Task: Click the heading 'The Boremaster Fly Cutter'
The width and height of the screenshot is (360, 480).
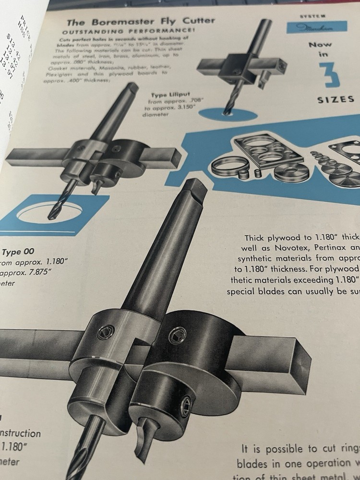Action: [x=140, y=22]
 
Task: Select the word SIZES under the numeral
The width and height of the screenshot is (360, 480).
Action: [x=336, y=100]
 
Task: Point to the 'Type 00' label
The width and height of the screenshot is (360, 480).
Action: [x=19, y=252]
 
